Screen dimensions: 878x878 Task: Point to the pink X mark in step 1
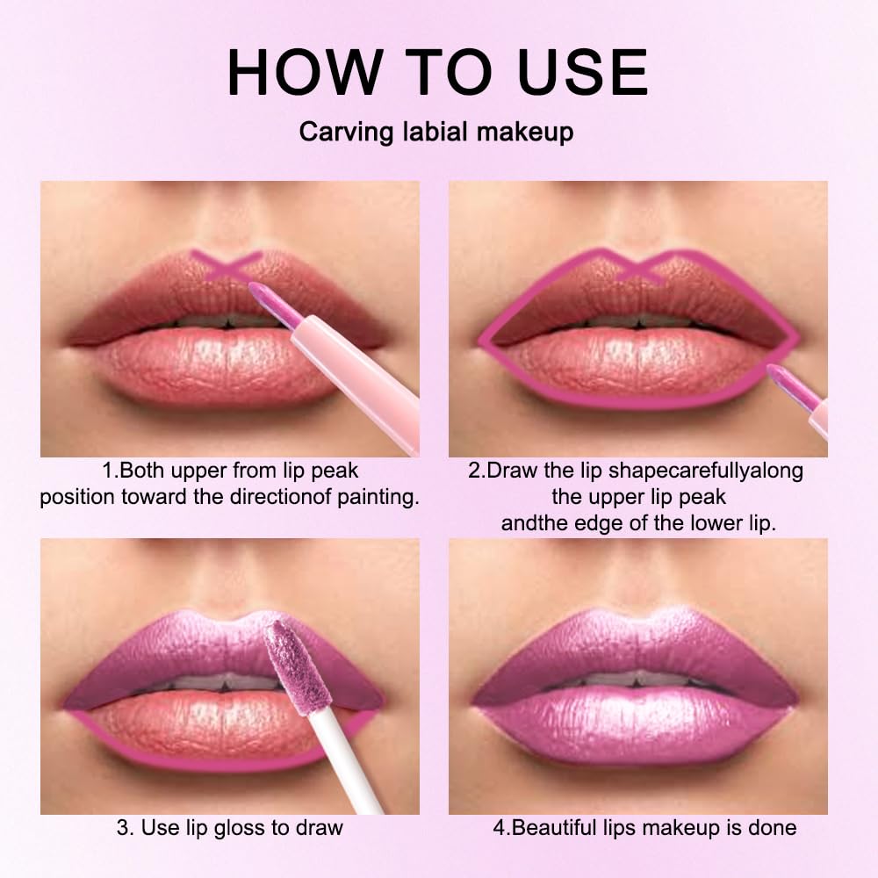coord(227,264)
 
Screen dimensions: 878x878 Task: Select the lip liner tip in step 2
coord(780,379)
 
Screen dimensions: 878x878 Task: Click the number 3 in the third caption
coord(121,827)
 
